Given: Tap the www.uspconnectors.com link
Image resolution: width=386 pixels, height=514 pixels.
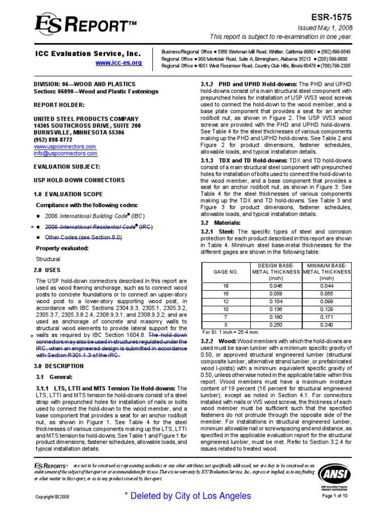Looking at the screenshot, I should [x=64, y=146].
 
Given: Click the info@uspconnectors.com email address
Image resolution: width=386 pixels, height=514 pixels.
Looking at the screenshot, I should [x=65, y=153].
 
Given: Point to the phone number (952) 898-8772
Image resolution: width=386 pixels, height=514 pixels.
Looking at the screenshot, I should [x=53, y=139].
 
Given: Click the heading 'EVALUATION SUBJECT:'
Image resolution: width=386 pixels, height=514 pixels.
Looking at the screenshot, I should [x=67, y=166].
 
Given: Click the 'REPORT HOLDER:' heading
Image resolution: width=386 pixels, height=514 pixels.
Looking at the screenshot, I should [x=55, y=105].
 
